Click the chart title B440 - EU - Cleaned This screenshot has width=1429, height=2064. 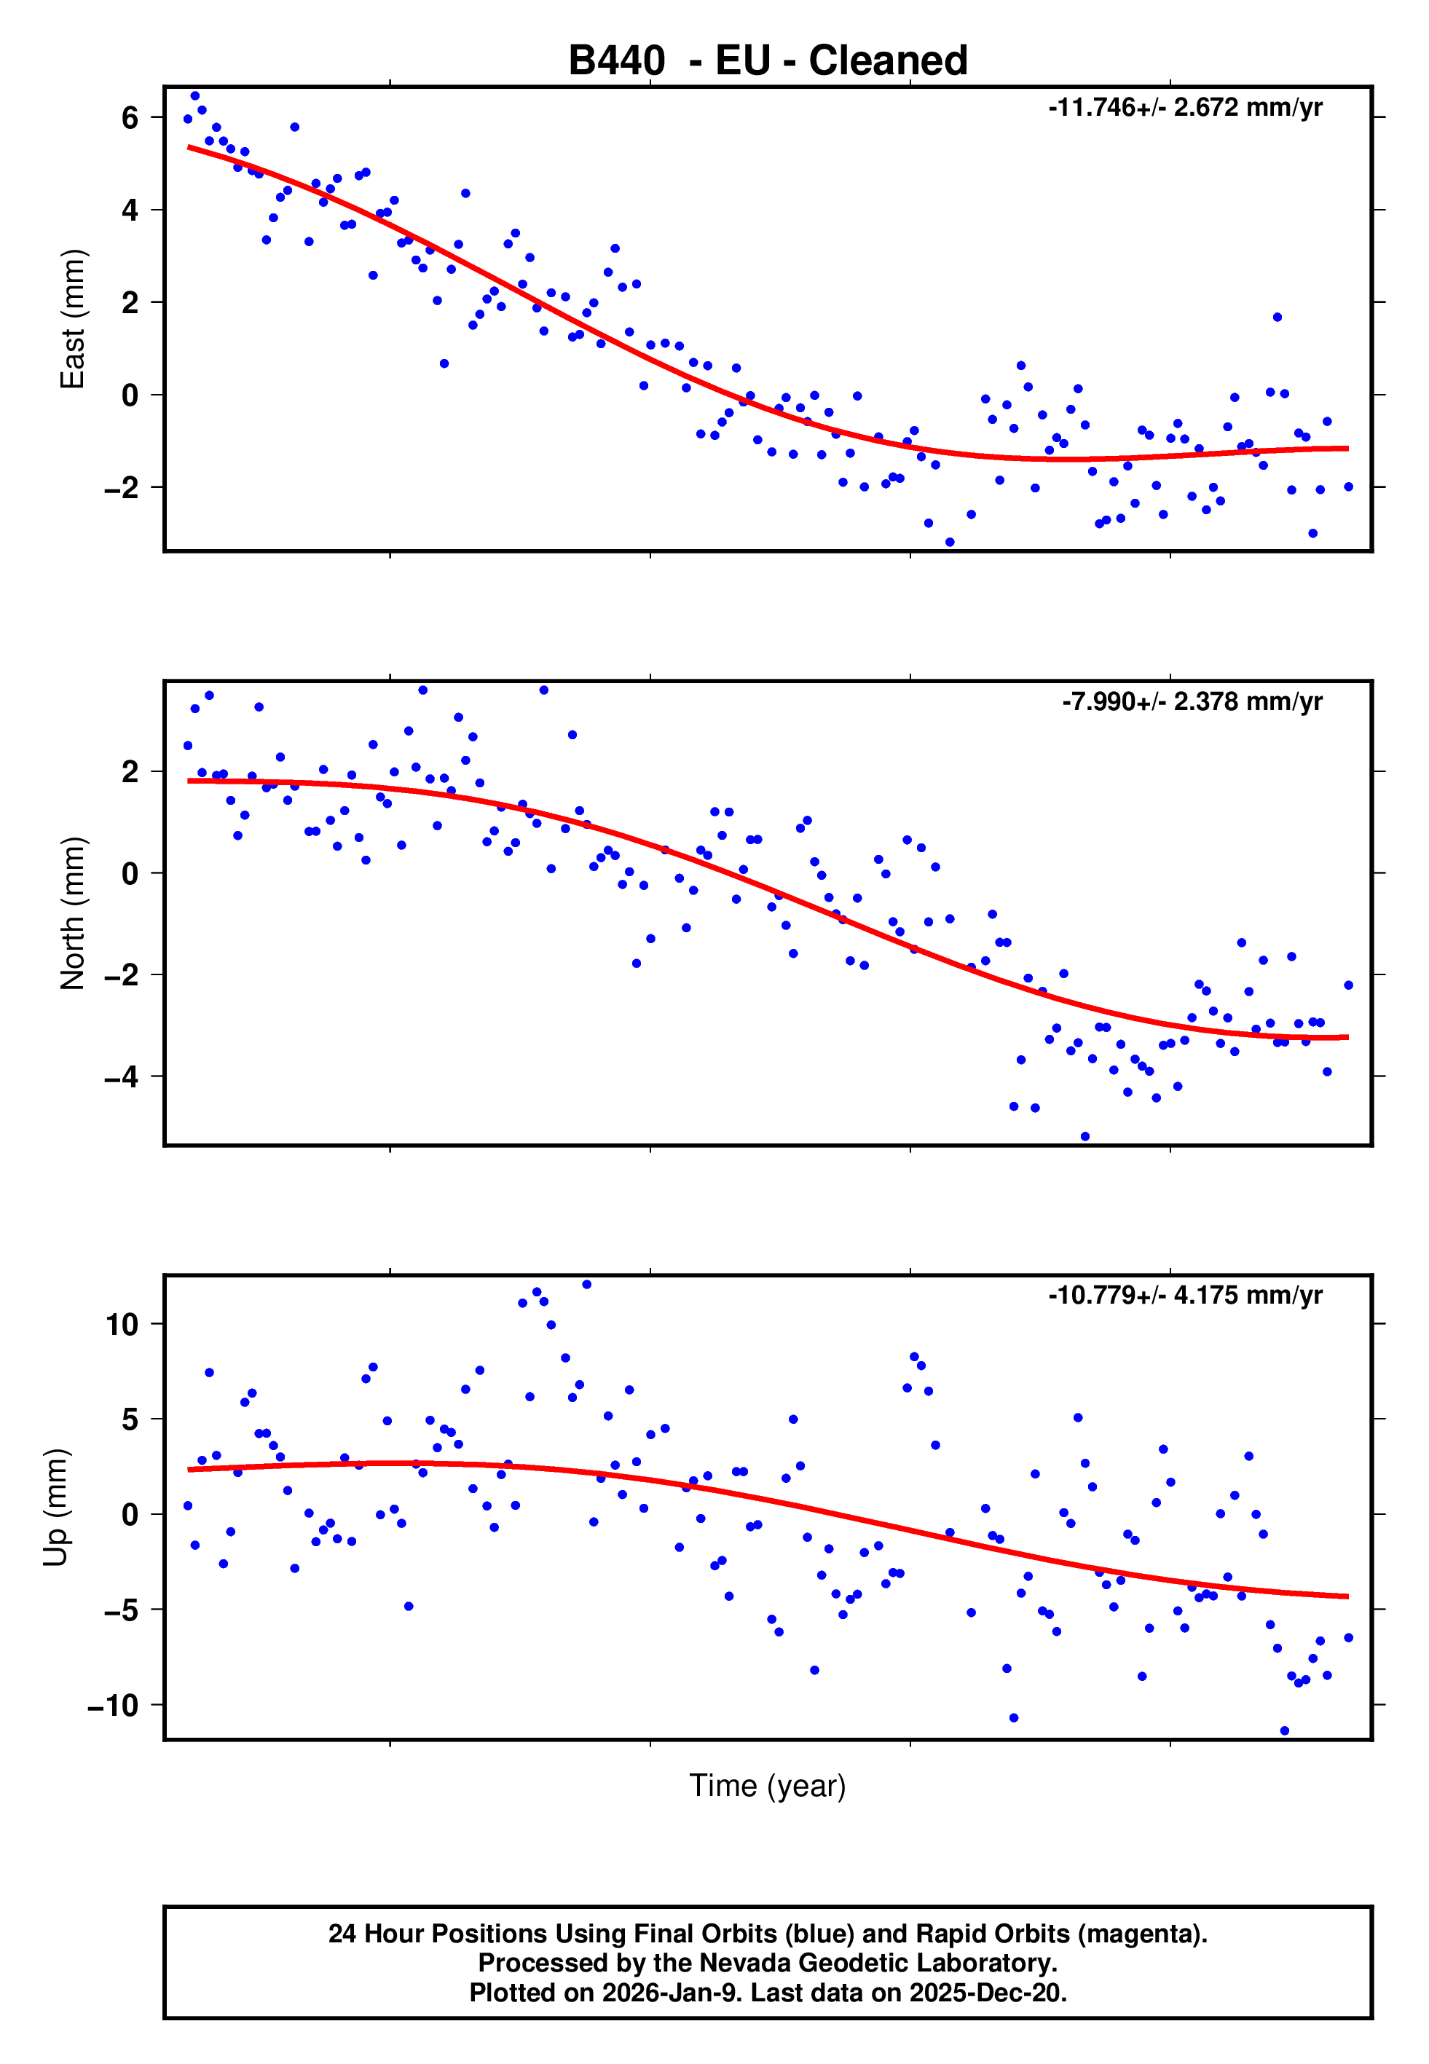tap(768, 61)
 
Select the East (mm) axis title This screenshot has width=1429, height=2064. tap(71, 319)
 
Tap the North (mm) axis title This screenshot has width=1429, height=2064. tap(71, 913)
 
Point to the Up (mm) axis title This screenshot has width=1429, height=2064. tap(55, 1508)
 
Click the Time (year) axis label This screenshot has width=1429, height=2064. tap(768, 1785)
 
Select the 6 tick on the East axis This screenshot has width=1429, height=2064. tap(130, 117)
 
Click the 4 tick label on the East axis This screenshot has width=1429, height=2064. tap(130, 210)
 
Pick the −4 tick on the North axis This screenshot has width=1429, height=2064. tap(121, 1076)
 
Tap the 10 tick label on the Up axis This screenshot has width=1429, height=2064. tap(122, 1324)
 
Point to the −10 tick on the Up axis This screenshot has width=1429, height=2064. tap(113, 1705)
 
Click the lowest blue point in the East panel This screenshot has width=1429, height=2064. tap(950, 543)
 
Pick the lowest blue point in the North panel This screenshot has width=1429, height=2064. tap(1085, 1137)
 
